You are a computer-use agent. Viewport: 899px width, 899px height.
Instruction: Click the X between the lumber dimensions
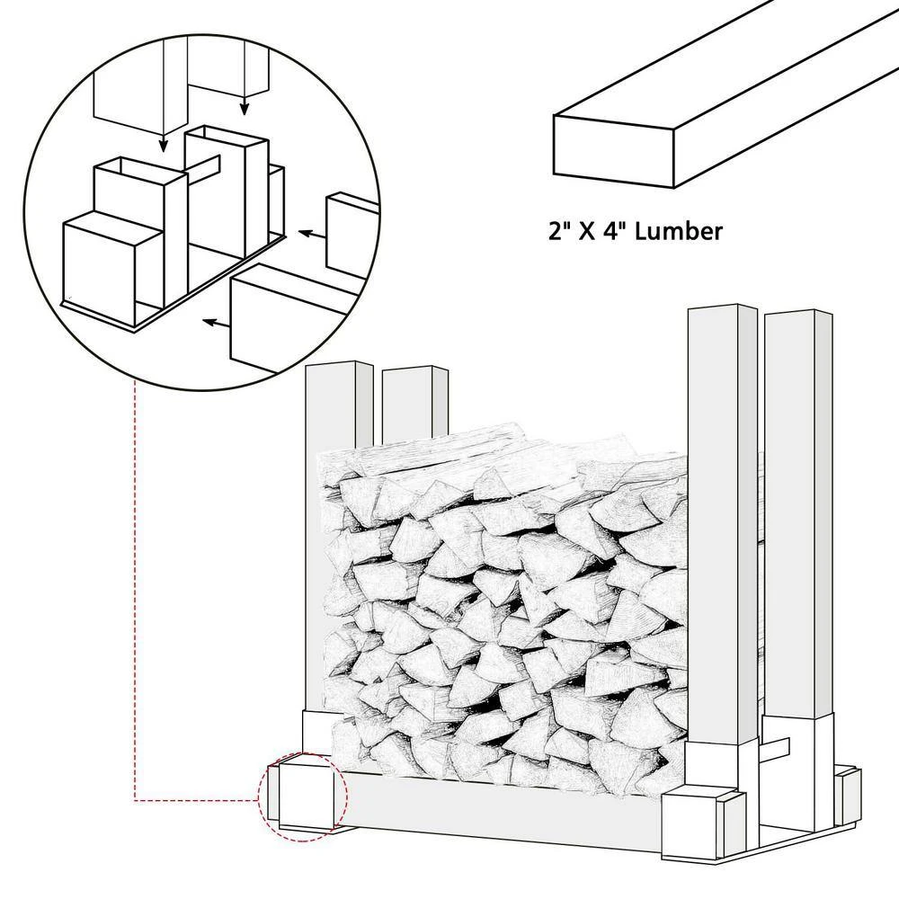click(588, 231)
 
